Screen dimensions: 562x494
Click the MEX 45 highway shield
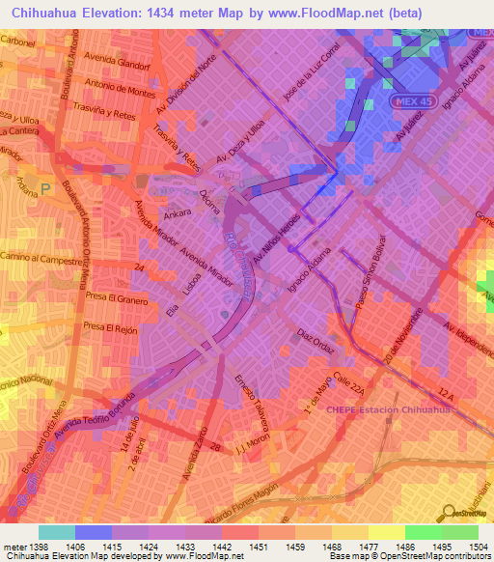(x=408, y=101)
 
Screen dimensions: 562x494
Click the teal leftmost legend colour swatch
(x=57, y=532)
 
